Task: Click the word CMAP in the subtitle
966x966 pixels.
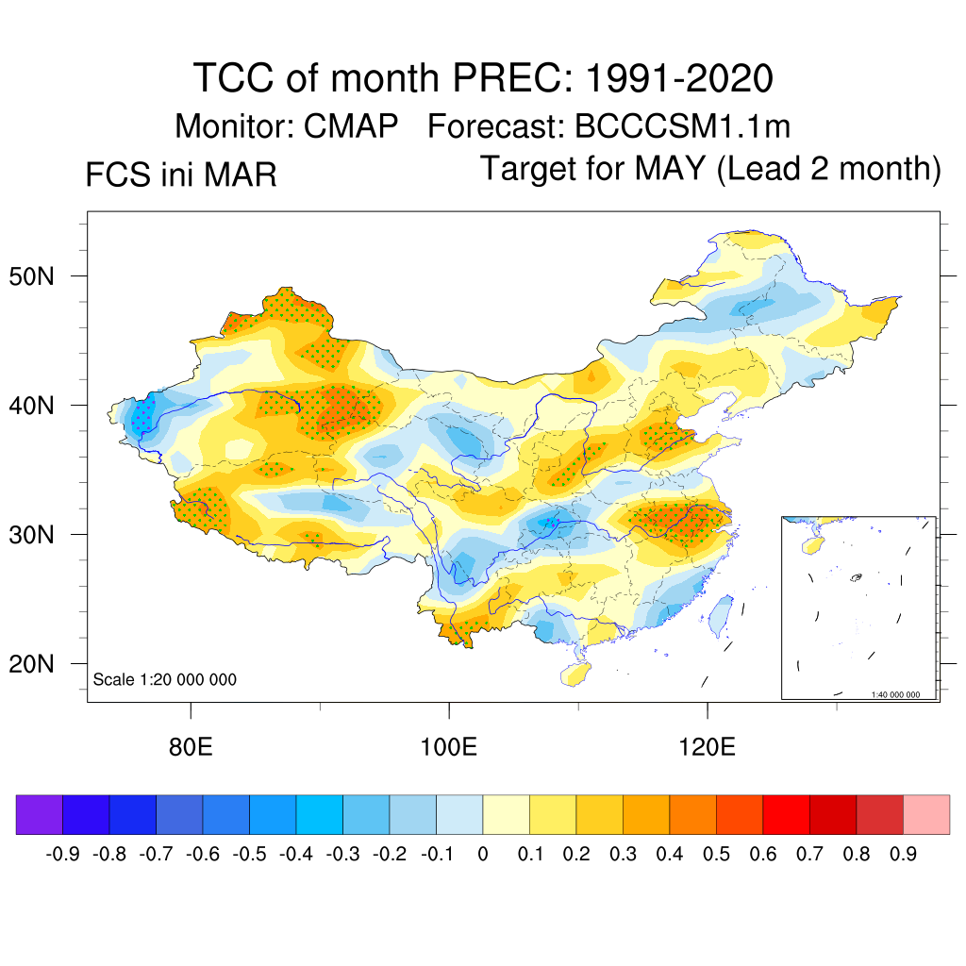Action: click(351, 126)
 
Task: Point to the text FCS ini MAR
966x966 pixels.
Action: click(181, 175)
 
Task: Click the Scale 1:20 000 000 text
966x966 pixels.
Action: click(165, 679)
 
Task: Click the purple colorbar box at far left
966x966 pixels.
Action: click(40, 814)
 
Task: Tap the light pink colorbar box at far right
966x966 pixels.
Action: click(926, 814)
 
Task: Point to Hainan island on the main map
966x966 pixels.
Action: click(577, 674)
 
